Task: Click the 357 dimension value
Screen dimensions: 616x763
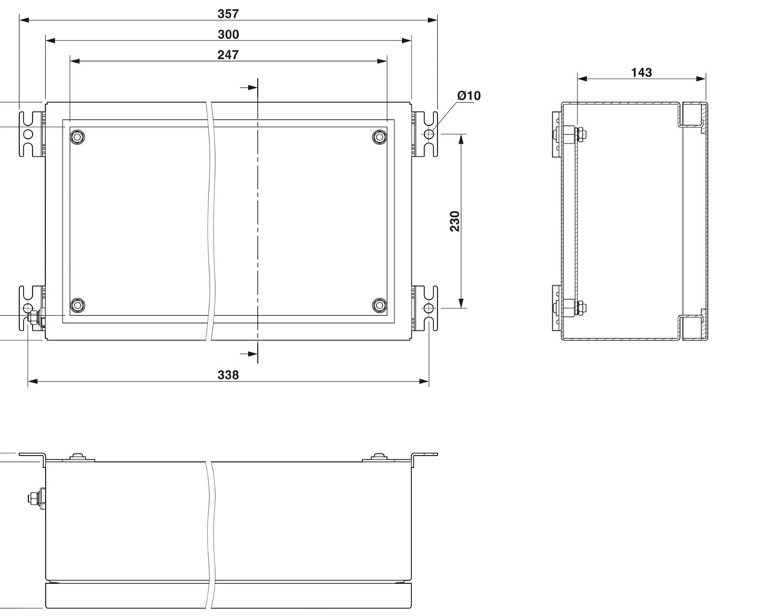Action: [228, 14]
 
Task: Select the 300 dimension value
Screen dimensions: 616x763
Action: [228, 34]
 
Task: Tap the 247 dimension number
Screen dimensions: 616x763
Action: [228, 55]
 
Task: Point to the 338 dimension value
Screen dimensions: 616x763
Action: [228, 375]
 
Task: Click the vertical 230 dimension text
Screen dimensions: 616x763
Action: [456, 221]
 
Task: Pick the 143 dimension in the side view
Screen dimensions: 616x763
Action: [642, 73]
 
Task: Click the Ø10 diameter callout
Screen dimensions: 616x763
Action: [469, 95]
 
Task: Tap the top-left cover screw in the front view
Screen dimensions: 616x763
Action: [77, 137]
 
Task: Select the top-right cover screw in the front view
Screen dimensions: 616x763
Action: [379, 137]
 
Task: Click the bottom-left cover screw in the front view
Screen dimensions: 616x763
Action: [77, 305]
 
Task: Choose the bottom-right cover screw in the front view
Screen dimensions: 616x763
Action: [379, 305]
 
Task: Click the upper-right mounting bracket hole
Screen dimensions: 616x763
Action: [429, 134]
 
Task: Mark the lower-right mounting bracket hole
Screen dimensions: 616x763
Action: [429, 308]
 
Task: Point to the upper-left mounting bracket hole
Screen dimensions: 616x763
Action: [28, 134]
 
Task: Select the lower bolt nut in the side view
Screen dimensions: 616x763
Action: [571, 308]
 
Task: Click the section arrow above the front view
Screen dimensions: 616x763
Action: [247, 88]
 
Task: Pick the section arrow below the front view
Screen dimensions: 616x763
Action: [247, 353]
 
